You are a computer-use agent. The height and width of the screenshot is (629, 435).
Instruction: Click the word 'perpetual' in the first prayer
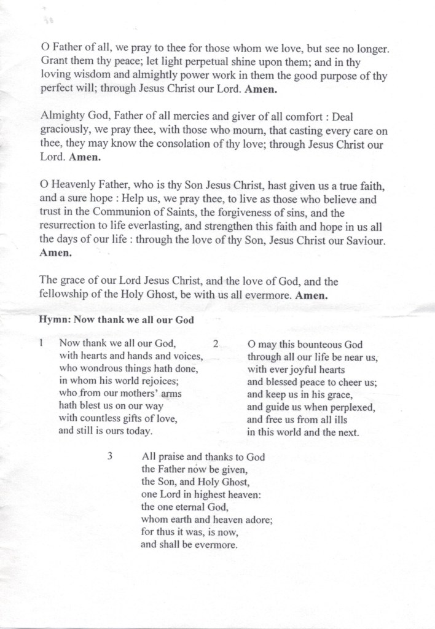pos(210,61)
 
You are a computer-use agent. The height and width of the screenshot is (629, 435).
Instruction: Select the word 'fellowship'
pos(65,295)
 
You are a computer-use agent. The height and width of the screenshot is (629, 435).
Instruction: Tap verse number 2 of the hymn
pos(216,345)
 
